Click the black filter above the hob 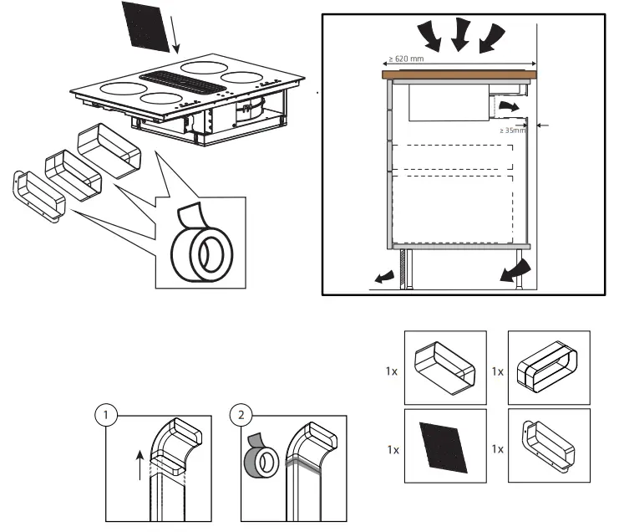pos(148,26)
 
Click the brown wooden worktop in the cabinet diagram pos(459,74)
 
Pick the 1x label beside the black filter pos(393,449)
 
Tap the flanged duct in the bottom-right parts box pos(548,448)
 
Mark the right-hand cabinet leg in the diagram pos(520,269)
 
